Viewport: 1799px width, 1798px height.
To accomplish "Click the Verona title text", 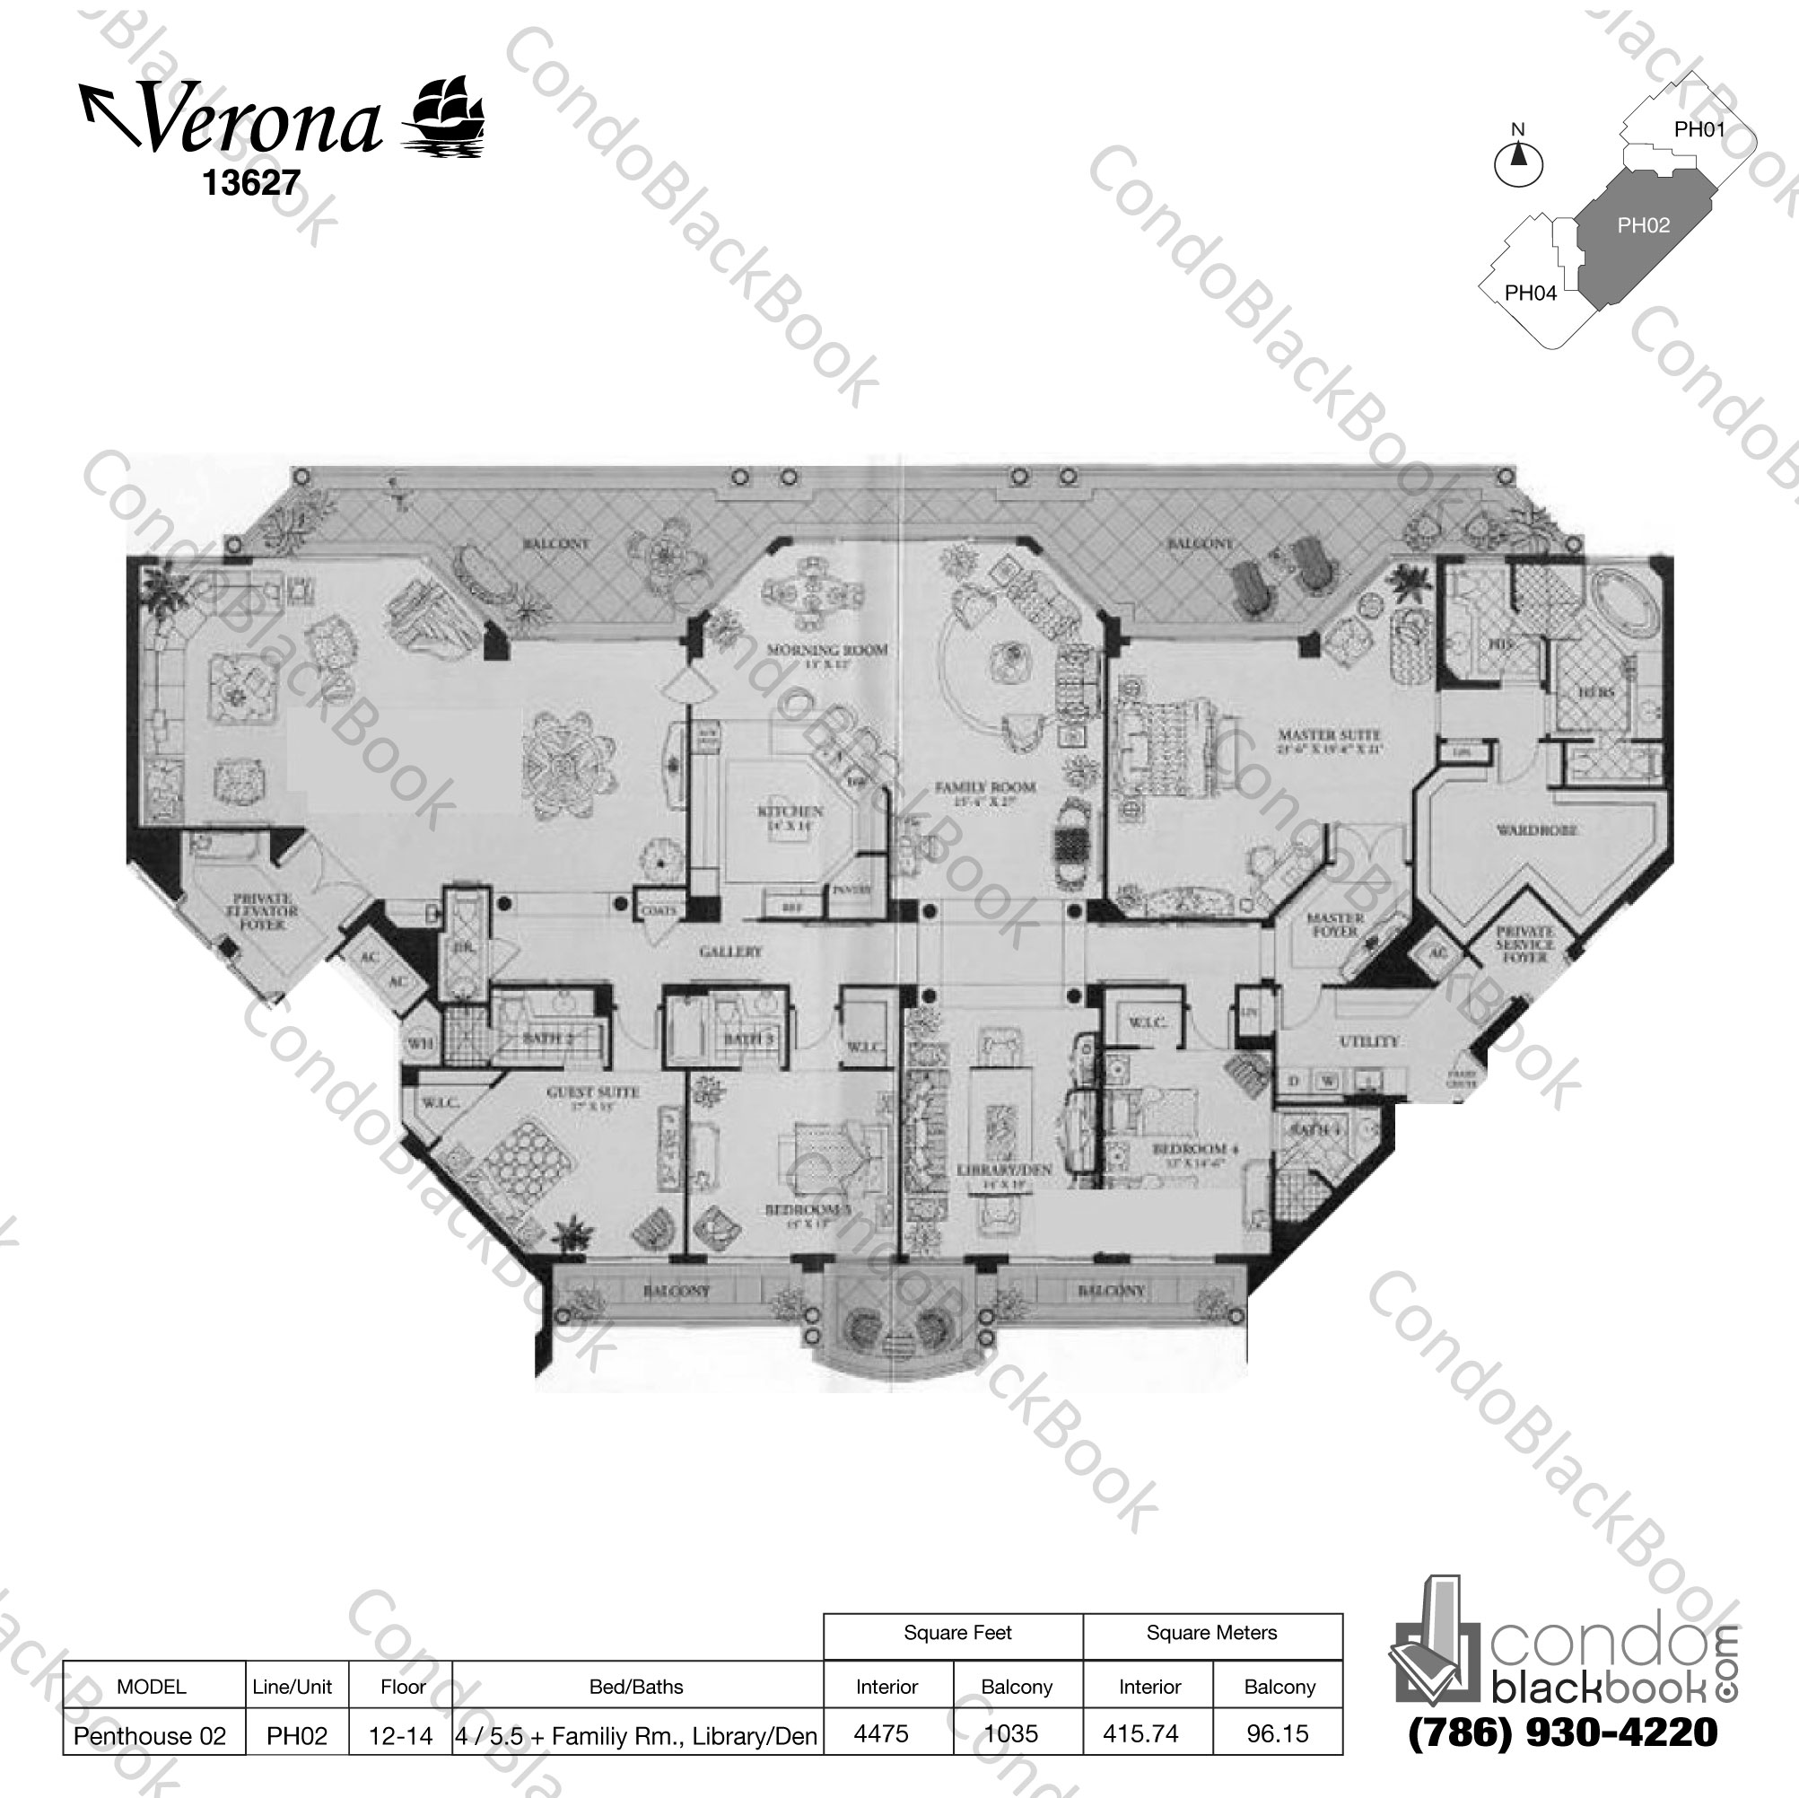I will pyautogui.click(x=262, y=119).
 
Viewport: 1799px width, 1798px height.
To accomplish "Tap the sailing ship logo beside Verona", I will pyautogui.click(x=444, y=116).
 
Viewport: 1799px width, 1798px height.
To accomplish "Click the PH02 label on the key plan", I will pyautogui.click(x=1643, y=225).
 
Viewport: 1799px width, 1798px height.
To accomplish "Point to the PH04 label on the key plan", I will pyautogui.click(x=1530, y=294).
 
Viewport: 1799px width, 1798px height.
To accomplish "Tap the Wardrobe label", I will pyautogui.click(x=1535, y=830).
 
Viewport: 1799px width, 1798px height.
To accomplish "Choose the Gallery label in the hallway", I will pyautogui.click(x=730, y=952).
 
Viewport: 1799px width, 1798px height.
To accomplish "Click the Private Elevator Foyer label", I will pyautogui.click(x=264, y=913).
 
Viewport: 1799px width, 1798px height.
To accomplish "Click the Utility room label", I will pyautogui.click(x=1368, y=1041).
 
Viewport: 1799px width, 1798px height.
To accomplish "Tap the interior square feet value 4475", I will pyautogui.click(x=881, y=1733).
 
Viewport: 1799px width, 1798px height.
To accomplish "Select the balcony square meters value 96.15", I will pyautogui.click(x=1278, y=1733).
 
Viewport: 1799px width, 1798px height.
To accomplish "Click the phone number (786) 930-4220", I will pyautogui.click(x=1562, y=1732).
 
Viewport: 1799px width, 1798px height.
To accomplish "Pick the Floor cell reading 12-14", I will pyautogui.click(x=400, y=1735).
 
